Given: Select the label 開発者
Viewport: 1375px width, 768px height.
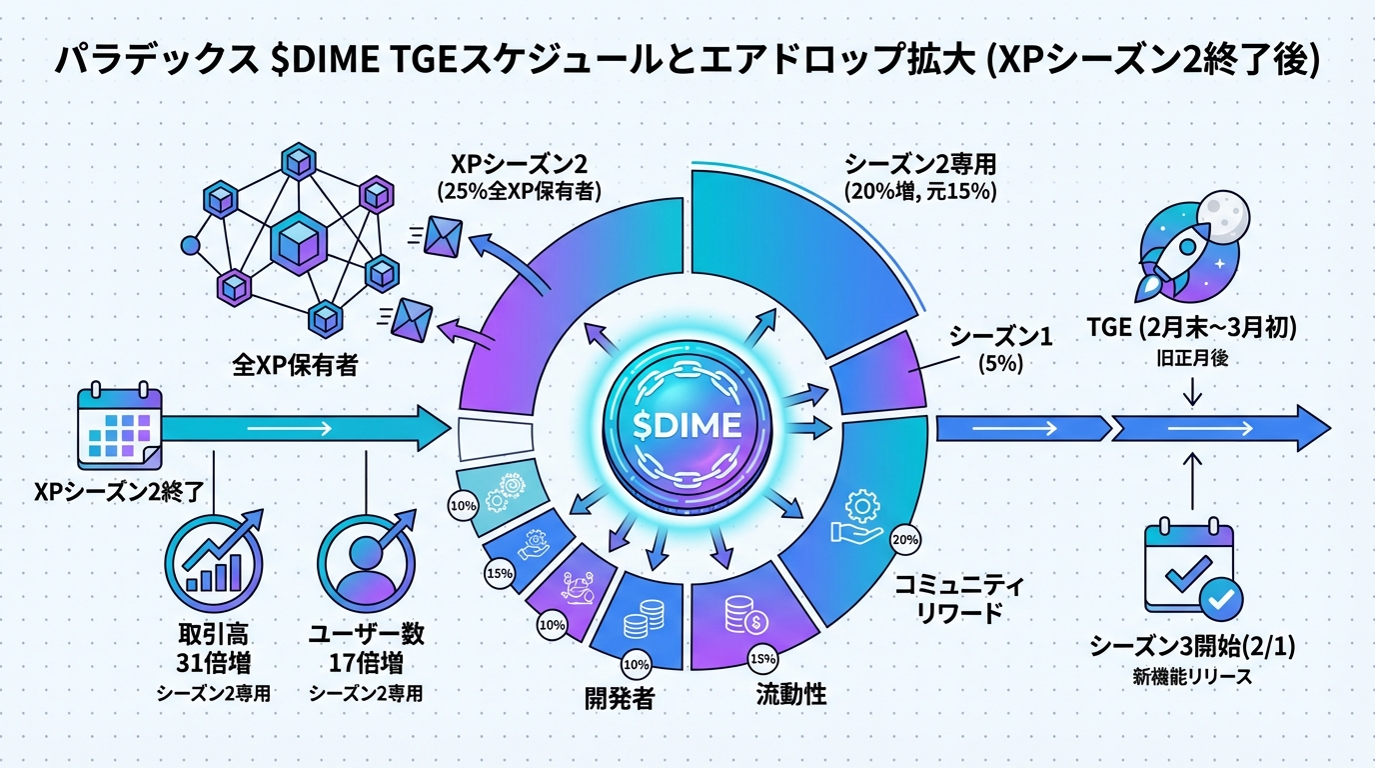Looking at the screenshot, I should point(620,698).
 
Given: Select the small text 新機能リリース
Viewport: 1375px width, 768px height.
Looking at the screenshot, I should point(1192,677).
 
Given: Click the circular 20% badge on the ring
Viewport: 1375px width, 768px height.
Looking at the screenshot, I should point(903,540).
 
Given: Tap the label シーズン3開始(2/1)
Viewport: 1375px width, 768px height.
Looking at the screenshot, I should point(1192,647).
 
